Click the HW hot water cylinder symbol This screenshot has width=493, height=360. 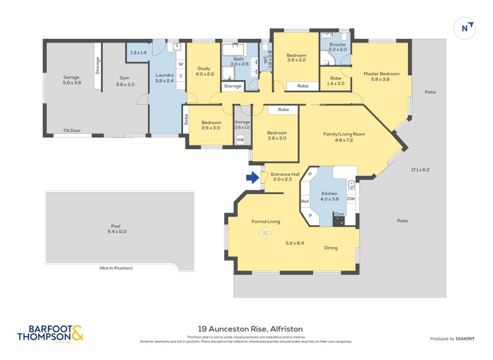pos(241,140)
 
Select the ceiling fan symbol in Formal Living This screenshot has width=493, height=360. pos(266,233)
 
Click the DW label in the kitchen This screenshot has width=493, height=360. pos(351,198)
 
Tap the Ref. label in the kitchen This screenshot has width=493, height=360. pos(304,202)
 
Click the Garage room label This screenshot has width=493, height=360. pos(71,80)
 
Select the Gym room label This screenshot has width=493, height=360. pos(125,80)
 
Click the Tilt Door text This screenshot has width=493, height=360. pos(71,131)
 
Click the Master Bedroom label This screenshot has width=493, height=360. pos(381,76)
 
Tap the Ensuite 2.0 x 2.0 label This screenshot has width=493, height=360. pos(338,46)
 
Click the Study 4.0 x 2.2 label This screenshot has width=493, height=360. pos(204,71)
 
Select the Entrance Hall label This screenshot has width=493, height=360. pos(285,177)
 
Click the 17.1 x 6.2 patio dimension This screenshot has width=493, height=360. pos(420,170)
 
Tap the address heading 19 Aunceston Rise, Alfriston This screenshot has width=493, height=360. pos(250,329)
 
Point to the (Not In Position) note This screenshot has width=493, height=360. pos(116,268)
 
